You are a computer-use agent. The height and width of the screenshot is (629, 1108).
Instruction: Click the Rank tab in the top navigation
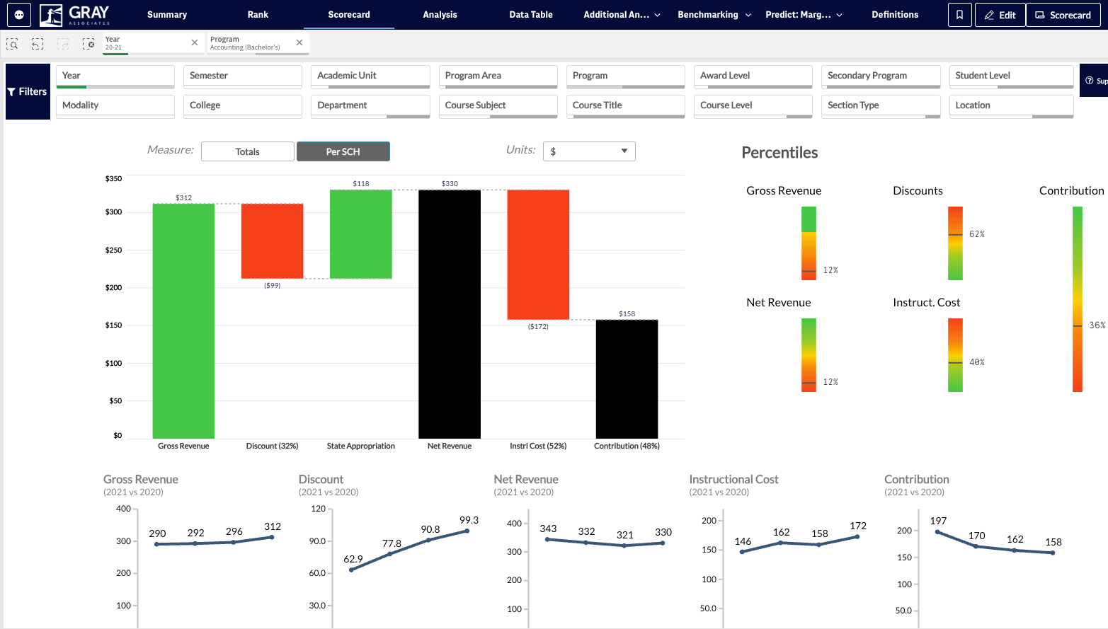(x=258, y=14)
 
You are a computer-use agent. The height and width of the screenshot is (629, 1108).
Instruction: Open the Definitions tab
(x=895, y=14)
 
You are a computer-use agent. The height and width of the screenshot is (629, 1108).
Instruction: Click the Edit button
(x=1000, y=15)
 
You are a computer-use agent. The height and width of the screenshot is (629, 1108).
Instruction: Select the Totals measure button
(x=247, y=151)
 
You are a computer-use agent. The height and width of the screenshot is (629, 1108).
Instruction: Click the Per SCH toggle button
(x=343, y=151)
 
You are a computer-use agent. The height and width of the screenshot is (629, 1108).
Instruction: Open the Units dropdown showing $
(x=588, y=151)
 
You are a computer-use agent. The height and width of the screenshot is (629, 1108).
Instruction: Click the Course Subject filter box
(x=498, y=106)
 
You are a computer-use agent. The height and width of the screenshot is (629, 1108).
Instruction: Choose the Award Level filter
(x=753, y=76)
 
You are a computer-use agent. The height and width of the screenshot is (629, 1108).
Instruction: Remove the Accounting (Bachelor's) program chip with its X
(x=299, y=42)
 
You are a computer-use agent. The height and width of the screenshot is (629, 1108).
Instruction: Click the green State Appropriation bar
(x=360, y=234)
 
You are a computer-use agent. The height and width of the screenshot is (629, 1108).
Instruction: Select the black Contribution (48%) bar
(x=627, y=379)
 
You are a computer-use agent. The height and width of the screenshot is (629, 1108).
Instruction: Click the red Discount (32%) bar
(x=272, y=241)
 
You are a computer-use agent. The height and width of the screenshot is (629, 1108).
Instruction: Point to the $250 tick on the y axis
(x=114, y=250)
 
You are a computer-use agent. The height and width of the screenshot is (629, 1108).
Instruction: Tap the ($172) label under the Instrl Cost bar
(x=538, y=326)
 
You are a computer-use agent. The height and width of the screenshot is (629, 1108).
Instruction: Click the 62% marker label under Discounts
(x=977, y=234)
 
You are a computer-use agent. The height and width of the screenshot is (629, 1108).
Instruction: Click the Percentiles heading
(x=779, y=152)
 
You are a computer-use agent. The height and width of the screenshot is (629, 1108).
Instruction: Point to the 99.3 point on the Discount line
(x=467, y=531)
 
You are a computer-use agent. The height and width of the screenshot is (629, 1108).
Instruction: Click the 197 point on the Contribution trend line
(x=937, y=532)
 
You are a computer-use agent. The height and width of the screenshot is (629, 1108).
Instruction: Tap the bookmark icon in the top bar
(x=959, y=15)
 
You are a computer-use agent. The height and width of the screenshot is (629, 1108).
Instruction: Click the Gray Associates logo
(x=74, y=15)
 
